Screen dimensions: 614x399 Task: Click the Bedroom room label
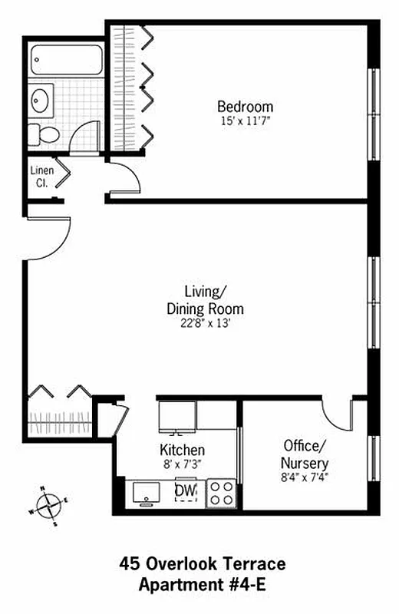(245, 107)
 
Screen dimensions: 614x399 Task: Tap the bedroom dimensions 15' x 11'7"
(245, 120)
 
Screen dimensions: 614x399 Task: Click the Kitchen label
(182, 450)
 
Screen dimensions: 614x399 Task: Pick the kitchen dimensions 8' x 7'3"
(182, 464)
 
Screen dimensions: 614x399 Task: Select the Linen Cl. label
(40, 177)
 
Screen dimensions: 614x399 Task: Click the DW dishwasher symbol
(185, 490)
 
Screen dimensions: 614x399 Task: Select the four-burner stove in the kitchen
(222, 492)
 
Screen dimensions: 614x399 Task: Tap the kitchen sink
(147, 493)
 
